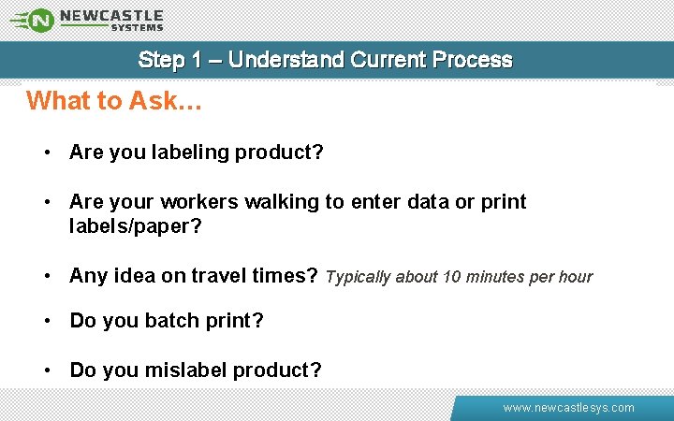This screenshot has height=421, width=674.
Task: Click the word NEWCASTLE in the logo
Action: point(111,15)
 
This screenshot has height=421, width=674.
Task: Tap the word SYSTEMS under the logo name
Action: point(137,28)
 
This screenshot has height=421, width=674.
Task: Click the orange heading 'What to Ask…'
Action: point(114,101)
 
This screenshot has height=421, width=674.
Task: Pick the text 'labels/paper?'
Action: point(136,226)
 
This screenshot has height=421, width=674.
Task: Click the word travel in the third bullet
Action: point(219,276)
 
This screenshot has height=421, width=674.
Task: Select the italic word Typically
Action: point(359,277)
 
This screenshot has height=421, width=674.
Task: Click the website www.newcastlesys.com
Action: point(568,408)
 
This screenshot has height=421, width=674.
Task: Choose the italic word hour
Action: point(576,277)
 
